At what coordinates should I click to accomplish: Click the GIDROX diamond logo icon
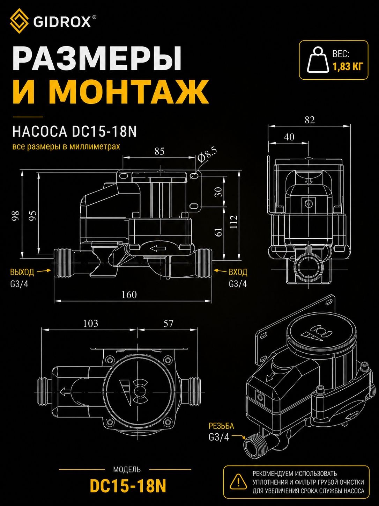(x=19, y=21)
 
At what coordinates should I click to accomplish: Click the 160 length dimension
(x=129, y=295)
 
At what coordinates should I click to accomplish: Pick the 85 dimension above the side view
(x=159, y=151)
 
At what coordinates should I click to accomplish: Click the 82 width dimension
(x=310, y=120)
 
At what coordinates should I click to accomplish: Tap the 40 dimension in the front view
(x=289, y=137)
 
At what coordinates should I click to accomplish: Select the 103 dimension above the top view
(x=91, y=323)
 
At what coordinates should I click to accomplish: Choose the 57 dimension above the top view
(x=168, y=323)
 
